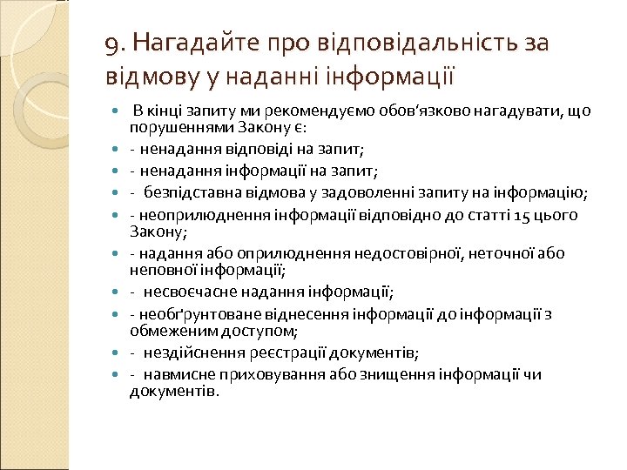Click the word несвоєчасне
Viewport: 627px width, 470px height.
187,292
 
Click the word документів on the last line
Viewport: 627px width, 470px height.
172,392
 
